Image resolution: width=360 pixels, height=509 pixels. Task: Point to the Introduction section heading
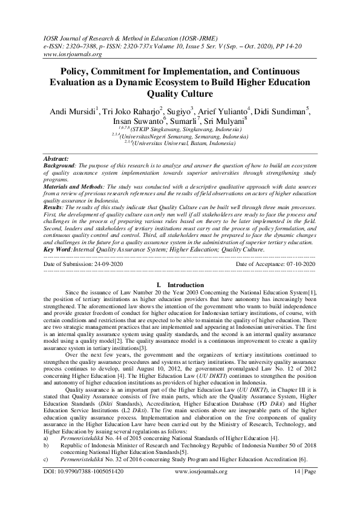(184, 285)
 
